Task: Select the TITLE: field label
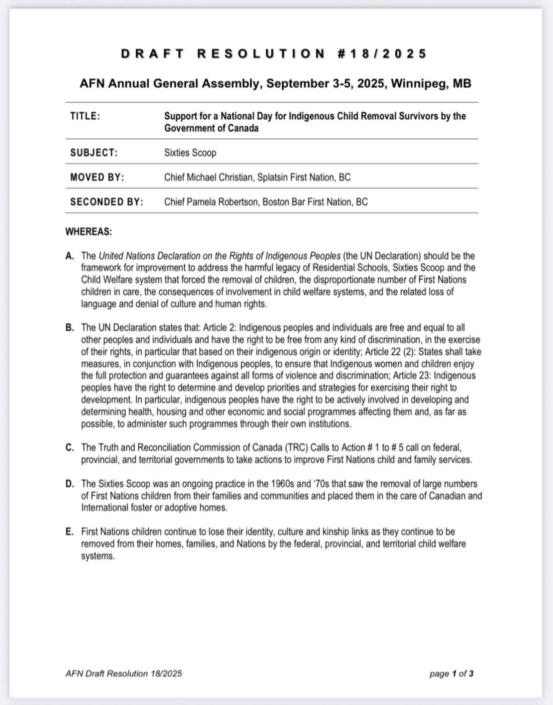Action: click(85, 116)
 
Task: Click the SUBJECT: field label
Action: click(94, 153)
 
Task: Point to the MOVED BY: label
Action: click(97, 178)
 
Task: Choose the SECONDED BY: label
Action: click(106, 202)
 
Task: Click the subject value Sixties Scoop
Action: click(190, 153)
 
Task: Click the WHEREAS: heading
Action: click(89, 232)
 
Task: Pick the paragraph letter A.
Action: click(70, 256)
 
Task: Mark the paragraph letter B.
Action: click(70, 328)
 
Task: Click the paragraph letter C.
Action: click(70, 448)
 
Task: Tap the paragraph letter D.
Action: click(70, 484)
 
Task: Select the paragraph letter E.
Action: click(70, 532)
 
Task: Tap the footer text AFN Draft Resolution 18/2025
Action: click(124, 673)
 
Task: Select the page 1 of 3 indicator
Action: click(451, 673)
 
